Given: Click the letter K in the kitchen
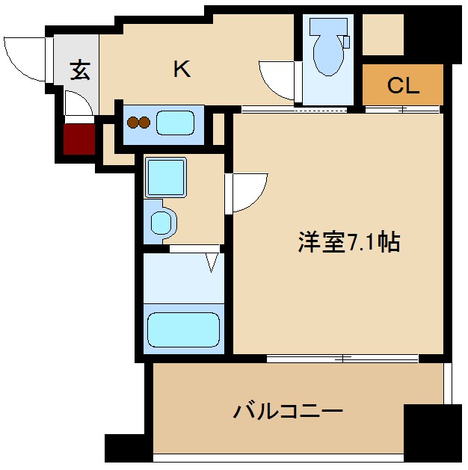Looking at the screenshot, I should (x=182, y=69).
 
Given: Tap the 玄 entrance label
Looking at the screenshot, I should (x=80, y=71).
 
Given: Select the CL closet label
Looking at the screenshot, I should (x=403, y=85).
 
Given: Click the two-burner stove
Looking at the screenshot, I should (x=140, y=123).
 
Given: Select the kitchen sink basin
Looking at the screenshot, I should (x=180, y=123).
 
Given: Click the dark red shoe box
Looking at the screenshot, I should (x=79, y=139).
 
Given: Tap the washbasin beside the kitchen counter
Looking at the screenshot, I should (x=161, y=221).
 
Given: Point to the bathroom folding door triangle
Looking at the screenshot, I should (x=212, y=262).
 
